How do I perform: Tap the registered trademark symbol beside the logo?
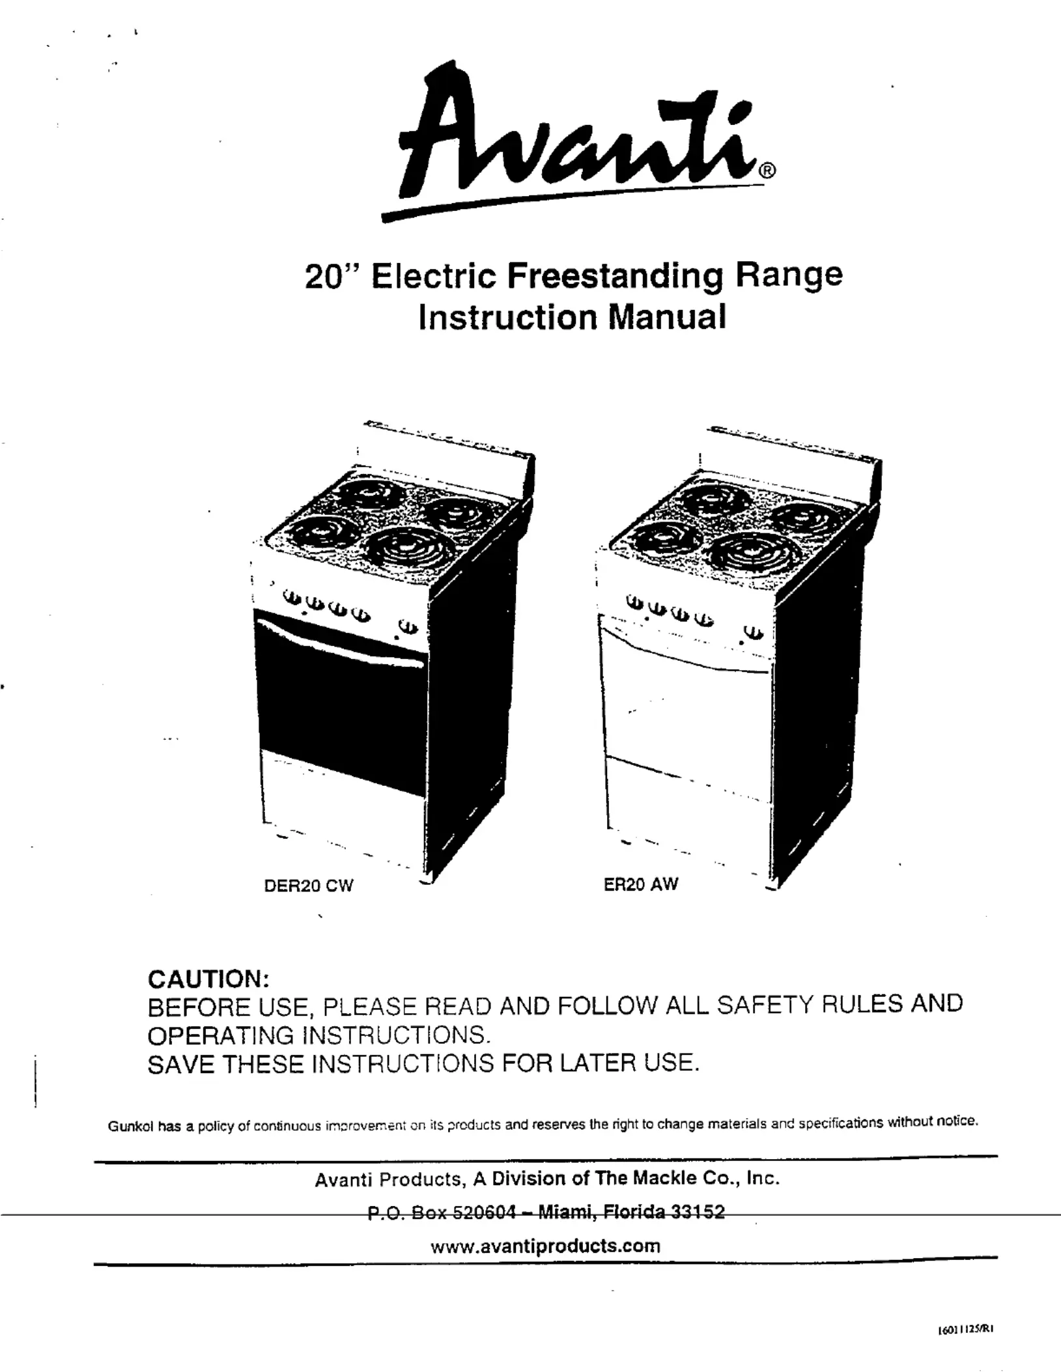click(768, 171)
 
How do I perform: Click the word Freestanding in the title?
click(614, 275)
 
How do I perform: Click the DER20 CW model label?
click(308, 886)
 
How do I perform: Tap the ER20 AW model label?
click(641, 884)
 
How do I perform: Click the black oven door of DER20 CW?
click(339, 710)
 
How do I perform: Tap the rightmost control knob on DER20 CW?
click(408, 626)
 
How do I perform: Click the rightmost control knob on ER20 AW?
click(754, 632)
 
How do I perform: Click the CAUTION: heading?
click(208, 979)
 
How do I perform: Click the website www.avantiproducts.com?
click(546, 1246)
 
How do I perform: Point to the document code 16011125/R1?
click(964, 1330)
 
